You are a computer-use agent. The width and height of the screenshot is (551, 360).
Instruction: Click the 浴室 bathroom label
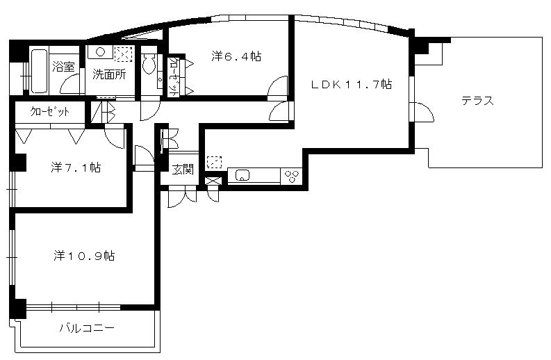pos(63,67)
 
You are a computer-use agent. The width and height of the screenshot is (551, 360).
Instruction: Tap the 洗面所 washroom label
pos(109,74)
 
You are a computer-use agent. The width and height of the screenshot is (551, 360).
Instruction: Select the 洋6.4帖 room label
pos(236,56)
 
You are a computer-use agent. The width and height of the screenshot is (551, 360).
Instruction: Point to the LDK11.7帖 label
pos(352,84)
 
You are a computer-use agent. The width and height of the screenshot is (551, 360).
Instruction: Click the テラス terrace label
pos(477,101)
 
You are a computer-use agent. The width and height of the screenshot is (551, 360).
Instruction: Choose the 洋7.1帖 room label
pos(76,167)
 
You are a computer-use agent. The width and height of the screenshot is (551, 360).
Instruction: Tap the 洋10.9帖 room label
pos(84,256)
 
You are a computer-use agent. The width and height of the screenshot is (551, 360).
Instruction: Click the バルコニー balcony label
pos(87,328)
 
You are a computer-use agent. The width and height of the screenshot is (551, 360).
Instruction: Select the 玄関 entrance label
pos(183,170)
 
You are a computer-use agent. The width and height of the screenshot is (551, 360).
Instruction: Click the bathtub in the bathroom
pos(39,72)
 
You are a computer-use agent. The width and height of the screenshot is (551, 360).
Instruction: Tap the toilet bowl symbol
pos(149,64)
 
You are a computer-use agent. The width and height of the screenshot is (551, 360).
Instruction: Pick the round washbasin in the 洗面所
pos(101,52)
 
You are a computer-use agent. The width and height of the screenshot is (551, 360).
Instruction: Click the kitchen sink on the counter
pos(242,174)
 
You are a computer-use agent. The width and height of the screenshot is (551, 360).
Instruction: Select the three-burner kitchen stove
pos(292,176)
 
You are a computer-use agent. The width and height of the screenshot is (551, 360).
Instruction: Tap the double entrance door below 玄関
pos(183,197)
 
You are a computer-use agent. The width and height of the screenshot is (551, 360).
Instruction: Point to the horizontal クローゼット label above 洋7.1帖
pos(50,112)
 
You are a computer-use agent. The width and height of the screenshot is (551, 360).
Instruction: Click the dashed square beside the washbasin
pos(124,54)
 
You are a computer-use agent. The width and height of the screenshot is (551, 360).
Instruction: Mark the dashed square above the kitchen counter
pos(215,162)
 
